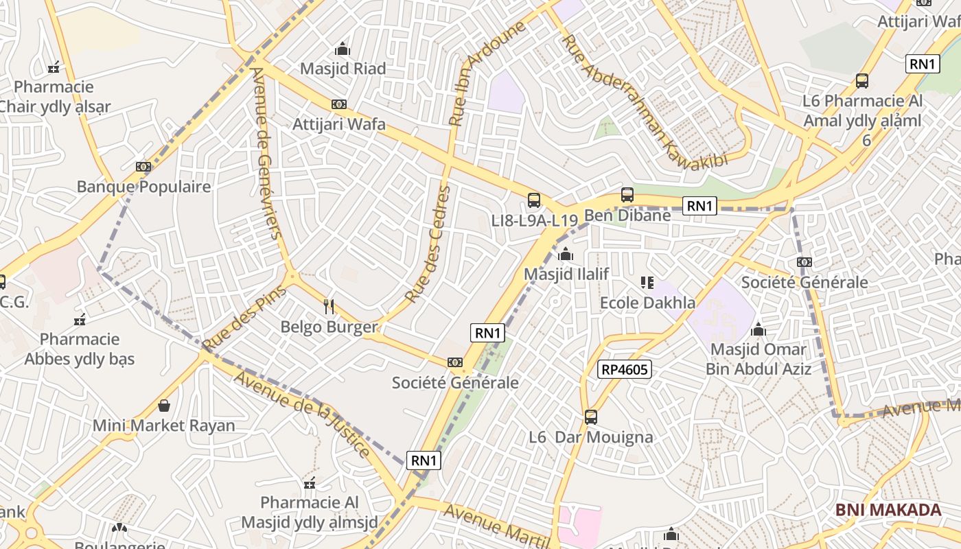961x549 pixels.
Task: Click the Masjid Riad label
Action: pyautogui.click(x=343, y=69)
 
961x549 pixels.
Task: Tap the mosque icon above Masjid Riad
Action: pyautogui.click(x=342, y=49)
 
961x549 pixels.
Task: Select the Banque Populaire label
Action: pyautogui.click(x=143, y=187)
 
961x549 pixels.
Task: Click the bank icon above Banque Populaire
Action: pyautogui.click(x=143, y=167)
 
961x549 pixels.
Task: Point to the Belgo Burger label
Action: pyautogui.click(x=329, y=327)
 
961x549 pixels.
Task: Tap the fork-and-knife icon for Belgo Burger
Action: pyautogui.click(x=329, y=306)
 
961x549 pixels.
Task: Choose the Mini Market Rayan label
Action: pyautogui.click(x=164, y=425)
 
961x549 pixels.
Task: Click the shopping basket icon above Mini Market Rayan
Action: pyautogui.click(x=164, y=406)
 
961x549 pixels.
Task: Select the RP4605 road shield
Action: pyautogui.click(x=624, y=370)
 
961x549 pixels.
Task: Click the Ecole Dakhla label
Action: pyautogui.click(x=647, y=303)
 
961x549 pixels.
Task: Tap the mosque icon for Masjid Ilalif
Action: pyautogui.click(x=566, y=255)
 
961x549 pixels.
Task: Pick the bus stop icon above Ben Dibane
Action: pyautogui.click(x=627, y=195)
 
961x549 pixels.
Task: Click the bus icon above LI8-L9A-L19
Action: pyautogui.click(x=534, y=200)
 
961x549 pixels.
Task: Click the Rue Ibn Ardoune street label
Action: pyautogui.click(x=487, y=73)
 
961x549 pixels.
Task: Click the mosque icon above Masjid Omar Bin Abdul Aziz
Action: pyautogui.click(x=759, y=330)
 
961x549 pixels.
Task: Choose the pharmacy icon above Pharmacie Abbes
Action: pyautogui.click(x=80, y=320)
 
